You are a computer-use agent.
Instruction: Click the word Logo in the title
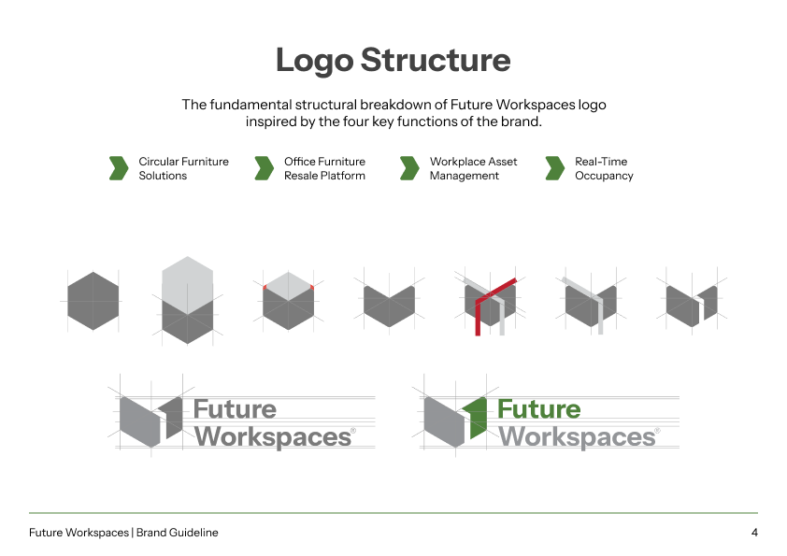coord(315,61)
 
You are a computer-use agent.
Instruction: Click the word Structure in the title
coord(436,60)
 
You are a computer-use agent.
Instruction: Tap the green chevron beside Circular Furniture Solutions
coord(119,168)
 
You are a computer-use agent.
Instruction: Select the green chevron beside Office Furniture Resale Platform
coord(265,168)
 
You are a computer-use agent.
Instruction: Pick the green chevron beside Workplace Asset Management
coord(409,168)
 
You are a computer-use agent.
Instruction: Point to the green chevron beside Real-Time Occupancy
coord(555,168)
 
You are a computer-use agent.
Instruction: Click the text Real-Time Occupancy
coord(604,168)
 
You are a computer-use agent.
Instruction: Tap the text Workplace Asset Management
coord(473,168)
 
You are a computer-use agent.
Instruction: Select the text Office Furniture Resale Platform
coord(324,168)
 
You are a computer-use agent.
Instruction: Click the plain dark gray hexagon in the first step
coord(93,301)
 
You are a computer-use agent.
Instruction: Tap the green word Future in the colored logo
coord(539,409)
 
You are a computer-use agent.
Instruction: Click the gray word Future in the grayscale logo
coord(235,409)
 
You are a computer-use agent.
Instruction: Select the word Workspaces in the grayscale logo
coord(274,437)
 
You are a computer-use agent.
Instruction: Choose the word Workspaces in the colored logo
coord(578,437)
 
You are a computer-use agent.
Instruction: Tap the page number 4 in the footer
coord(754,533)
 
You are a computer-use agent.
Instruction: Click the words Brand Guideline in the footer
coord(178,533)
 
